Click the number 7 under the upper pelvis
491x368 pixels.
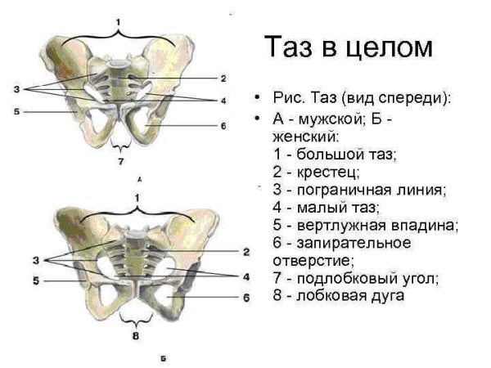pyautogui.click(x=120, y=161)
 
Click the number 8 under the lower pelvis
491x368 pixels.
pyautogui.click(x=135, y=334)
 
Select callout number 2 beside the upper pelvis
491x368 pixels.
pyautogui.click(x=223, y=79)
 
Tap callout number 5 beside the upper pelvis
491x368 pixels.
pyautogui.click(x=16, y=111)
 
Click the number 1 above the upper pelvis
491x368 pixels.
pyautogui.click(x=119, y=19)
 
